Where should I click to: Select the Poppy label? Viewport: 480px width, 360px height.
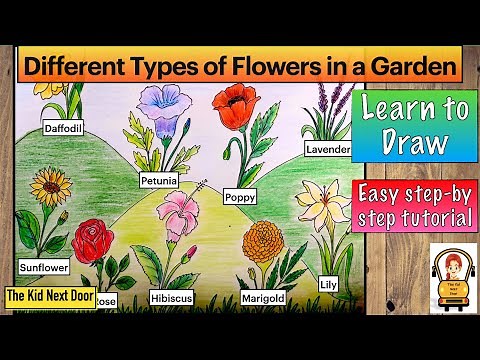(x=239, y=197)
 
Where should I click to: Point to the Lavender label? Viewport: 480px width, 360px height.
(x=328, y=150)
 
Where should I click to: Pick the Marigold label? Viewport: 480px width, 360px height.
(x=264, y=298)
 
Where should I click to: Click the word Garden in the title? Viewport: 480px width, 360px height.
(x=413, y=68)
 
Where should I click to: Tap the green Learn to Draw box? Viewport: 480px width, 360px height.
(x=410, y=126)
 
